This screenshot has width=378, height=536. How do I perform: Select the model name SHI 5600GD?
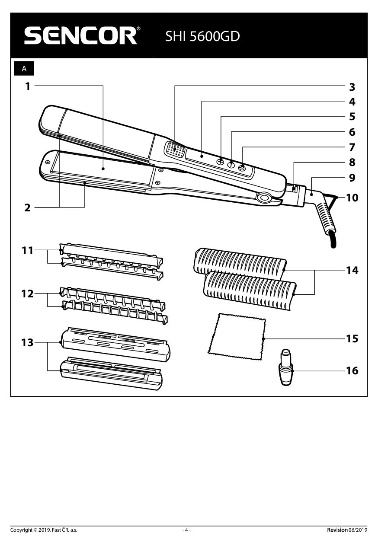pos(202,37)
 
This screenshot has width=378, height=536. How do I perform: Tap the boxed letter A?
pos(24,69)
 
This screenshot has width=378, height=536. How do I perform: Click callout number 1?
pos(28,86)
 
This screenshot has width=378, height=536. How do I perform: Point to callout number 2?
pos(28,208)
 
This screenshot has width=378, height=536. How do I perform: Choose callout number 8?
pos(352,162)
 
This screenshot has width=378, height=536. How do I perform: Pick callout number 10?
pos(352,198)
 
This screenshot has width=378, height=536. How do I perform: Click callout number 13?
pos(27,343)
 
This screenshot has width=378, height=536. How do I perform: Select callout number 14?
pos(352,271)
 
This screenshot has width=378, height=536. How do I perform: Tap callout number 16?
pos(352,370)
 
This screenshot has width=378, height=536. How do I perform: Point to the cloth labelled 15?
pos(237,336)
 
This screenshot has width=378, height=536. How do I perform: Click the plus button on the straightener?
pos(221,161)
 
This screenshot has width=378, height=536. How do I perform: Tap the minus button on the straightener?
pos(242,167)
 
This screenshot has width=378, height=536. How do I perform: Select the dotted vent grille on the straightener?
pos(175,150)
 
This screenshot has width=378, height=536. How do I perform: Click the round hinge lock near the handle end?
pos(264,198)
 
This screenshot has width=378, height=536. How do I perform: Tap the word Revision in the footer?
pos(337,530)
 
